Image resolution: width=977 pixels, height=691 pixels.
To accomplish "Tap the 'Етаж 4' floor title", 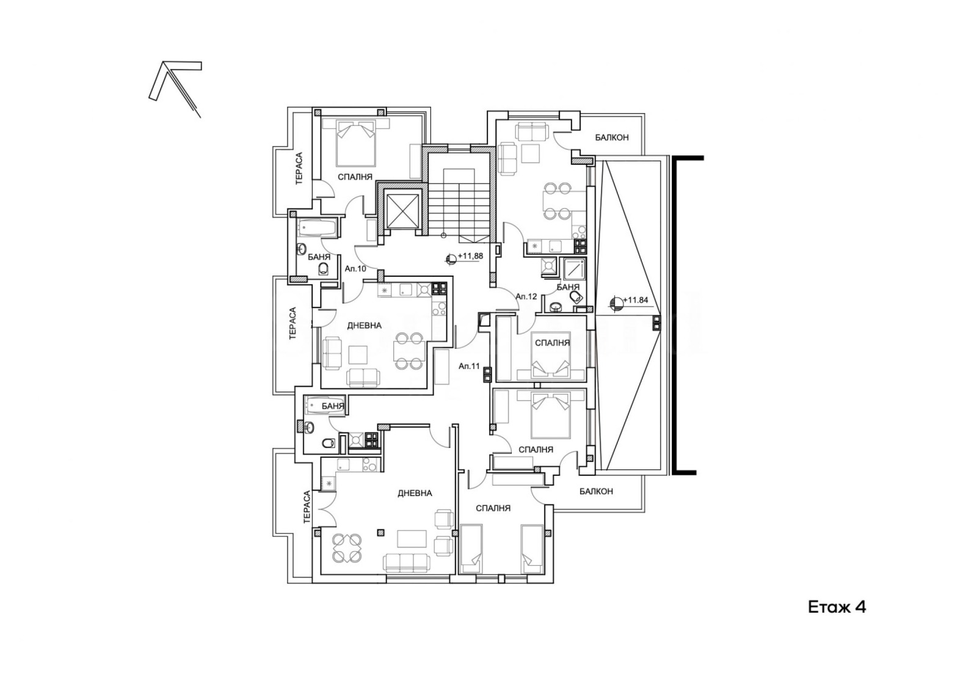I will (x=837, y=607).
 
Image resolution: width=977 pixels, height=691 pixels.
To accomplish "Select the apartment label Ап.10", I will (x=355, y=269).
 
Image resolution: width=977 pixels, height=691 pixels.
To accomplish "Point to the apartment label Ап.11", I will (x=469, y=366).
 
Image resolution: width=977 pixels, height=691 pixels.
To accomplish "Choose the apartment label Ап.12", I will (x=526, y=296).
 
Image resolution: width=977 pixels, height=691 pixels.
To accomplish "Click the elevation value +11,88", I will (x=470, y=257).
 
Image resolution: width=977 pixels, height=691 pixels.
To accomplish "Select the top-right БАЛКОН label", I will (x=612, y=137).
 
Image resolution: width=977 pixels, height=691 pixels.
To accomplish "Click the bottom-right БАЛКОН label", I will (x=596, y=491).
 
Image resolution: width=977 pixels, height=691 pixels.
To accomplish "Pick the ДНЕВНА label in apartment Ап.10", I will (x=364, y=326).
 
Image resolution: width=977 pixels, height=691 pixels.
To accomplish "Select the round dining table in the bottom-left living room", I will (x=346, y=548).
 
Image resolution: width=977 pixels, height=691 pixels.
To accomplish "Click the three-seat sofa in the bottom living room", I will (x=406, y=562).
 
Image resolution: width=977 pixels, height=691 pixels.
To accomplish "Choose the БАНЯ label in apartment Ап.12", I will (x=568, y=287).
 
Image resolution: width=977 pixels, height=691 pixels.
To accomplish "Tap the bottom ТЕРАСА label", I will (x=307, y=507).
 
